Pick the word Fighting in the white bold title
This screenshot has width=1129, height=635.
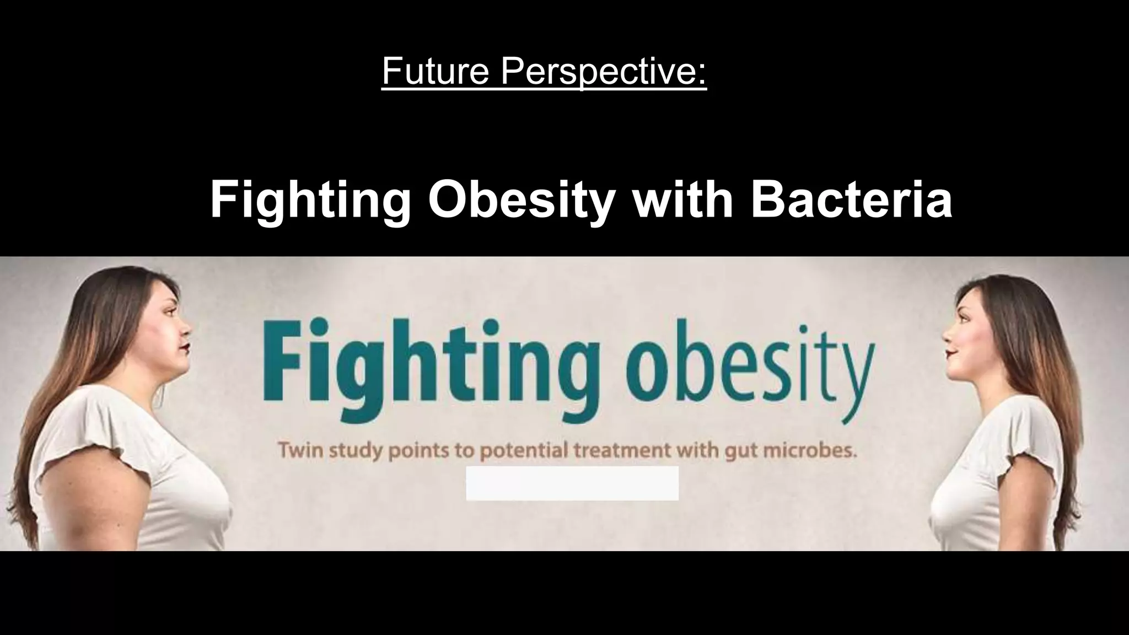pyautogui.click(x=310, y=201)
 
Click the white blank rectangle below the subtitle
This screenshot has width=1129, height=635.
pyautogui.click(x=572, y=483)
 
